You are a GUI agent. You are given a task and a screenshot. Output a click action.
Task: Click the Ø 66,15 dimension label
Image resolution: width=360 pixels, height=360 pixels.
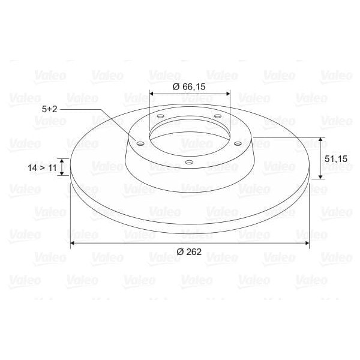(189, 87)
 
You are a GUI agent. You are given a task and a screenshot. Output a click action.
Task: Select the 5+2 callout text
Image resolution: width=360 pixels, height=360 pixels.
(50, 109)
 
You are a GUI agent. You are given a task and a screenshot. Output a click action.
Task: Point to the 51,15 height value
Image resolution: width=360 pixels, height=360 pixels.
(335, 159)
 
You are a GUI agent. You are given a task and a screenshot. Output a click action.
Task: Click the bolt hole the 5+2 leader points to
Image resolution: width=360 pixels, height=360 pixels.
(140, 144)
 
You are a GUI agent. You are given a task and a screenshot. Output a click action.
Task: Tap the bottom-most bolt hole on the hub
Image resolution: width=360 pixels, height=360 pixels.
(188, 162)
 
